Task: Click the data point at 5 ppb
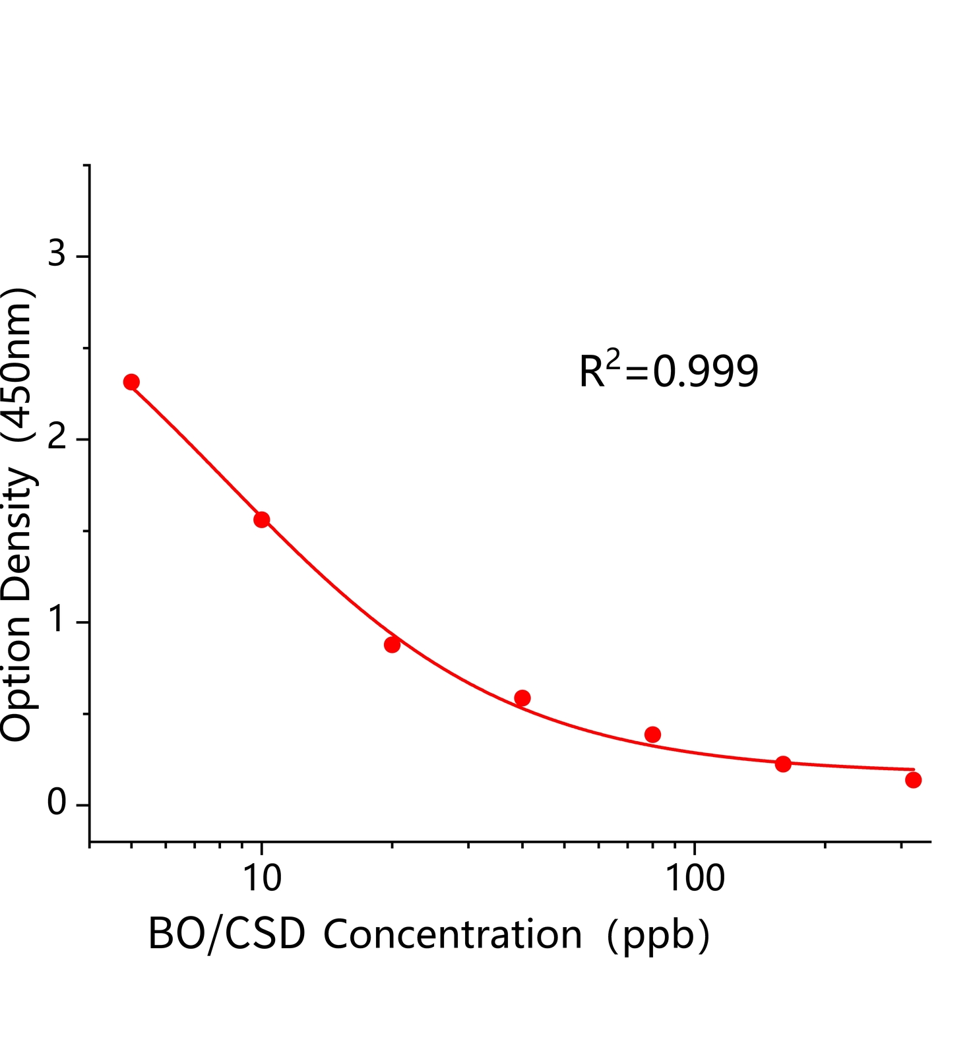click(131, 382)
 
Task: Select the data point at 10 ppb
click(262, 520)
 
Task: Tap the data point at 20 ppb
click(392, 644)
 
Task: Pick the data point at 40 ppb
click(522, 698)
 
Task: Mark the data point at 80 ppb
click(652, 735)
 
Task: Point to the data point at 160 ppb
click(783, 764)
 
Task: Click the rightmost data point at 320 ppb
click(913, 780)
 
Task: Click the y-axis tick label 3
click(57, 253)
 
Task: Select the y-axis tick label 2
click(57, 437)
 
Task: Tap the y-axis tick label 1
click(58, 620)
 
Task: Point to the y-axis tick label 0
click(57, 803)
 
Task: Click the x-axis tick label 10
click(263, 878)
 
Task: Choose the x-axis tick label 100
click(695, 878)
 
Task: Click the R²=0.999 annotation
click(669, 371)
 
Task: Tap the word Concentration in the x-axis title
click(453, 934)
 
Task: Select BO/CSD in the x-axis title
click(227, 934)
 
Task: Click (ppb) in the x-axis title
click(658, 936)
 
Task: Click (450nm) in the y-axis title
click(18, 365)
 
